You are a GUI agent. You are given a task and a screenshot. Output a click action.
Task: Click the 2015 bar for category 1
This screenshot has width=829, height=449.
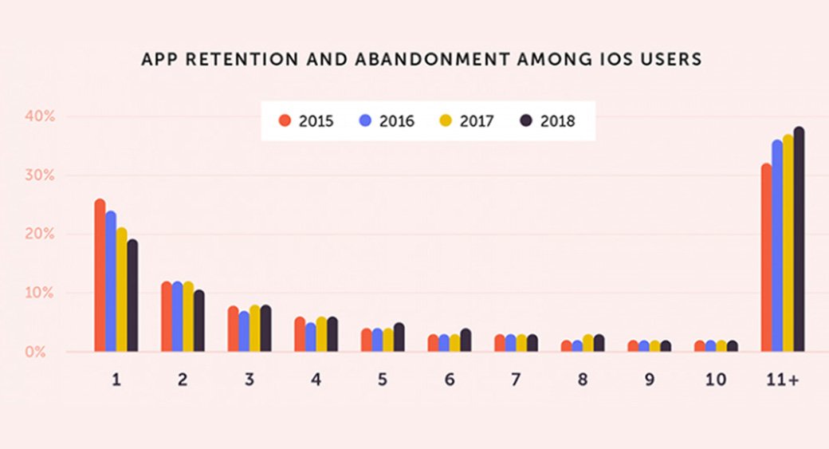coord(100,275)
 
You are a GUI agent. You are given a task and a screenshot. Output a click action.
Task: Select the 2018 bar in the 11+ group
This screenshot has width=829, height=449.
coord(799,239)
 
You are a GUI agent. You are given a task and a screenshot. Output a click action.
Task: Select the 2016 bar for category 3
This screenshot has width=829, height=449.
coord(244,331)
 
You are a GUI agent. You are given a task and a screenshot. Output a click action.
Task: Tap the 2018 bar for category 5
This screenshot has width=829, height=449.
coord(399,337)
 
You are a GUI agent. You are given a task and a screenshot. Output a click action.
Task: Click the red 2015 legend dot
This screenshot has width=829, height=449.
coord(284,121)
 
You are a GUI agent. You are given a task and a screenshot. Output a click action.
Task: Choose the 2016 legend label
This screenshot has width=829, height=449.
coord(397,121)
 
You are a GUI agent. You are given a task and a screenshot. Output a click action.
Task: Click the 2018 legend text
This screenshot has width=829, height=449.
coord(557,121)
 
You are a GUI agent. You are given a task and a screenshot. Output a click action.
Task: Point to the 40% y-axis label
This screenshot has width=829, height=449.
coord(38,116)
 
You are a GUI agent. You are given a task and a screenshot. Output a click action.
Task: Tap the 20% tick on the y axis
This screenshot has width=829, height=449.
coord(38,234)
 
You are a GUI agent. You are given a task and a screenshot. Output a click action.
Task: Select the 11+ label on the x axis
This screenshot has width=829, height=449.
coord(782,380)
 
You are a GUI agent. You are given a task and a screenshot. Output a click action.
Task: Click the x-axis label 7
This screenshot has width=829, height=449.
coord(517,380)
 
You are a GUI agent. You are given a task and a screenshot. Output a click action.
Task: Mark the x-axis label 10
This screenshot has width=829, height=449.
coord(716,380)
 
